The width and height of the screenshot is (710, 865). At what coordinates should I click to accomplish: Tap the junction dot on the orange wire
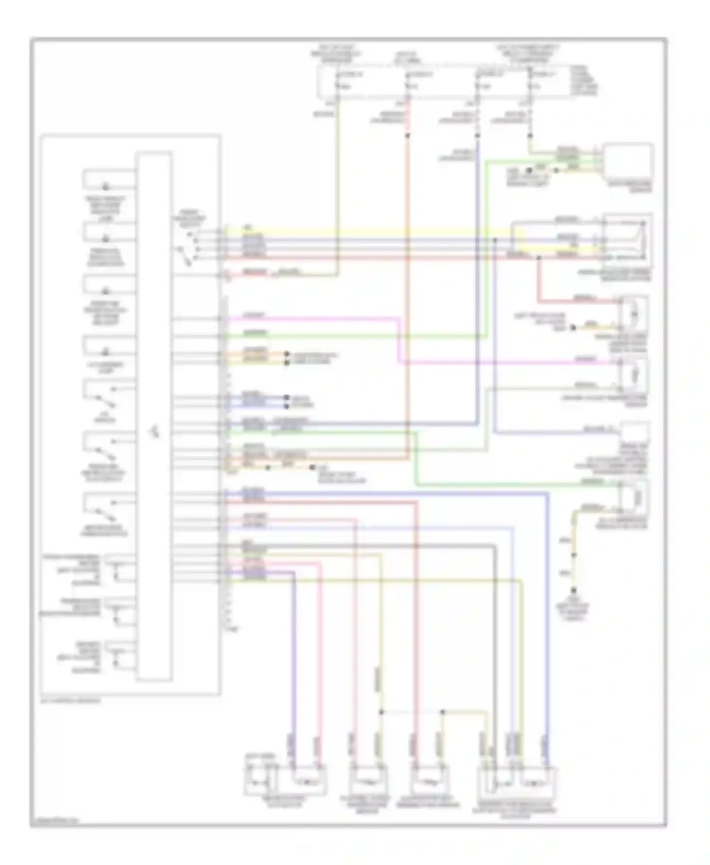[408, 136]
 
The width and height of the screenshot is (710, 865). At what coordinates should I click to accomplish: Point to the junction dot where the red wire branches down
[539, 258]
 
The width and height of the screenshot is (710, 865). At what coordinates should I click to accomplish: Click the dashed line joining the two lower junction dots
[412, 712]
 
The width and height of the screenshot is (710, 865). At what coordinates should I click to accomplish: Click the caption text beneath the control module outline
[71, 700]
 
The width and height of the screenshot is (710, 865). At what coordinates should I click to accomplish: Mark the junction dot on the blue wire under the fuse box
[478, 136]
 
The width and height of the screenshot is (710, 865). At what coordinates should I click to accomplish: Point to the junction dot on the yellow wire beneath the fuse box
[530, 136]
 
